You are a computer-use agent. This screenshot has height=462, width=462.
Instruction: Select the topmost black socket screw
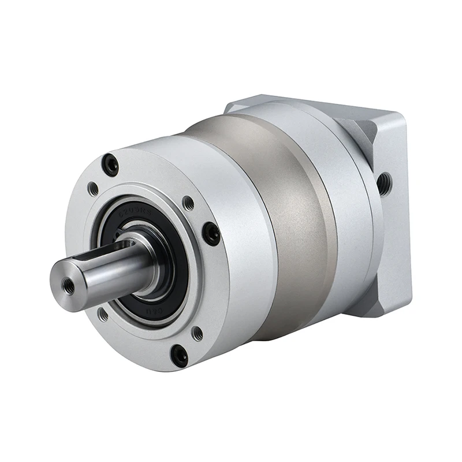[110, 166]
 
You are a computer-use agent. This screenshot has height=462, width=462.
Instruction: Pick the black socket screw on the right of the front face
[211, 234]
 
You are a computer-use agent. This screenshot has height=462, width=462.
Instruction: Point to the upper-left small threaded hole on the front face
[92, 189]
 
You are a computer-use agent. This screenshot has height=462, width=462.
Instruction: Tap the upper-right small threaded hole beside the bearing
[188, 203]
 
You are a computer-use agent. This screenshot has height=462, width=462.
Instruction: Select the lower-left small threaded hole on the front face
[103, 315]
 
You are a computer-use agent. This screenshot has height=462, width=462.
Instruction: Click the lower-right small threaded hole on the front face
[197, 334]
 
